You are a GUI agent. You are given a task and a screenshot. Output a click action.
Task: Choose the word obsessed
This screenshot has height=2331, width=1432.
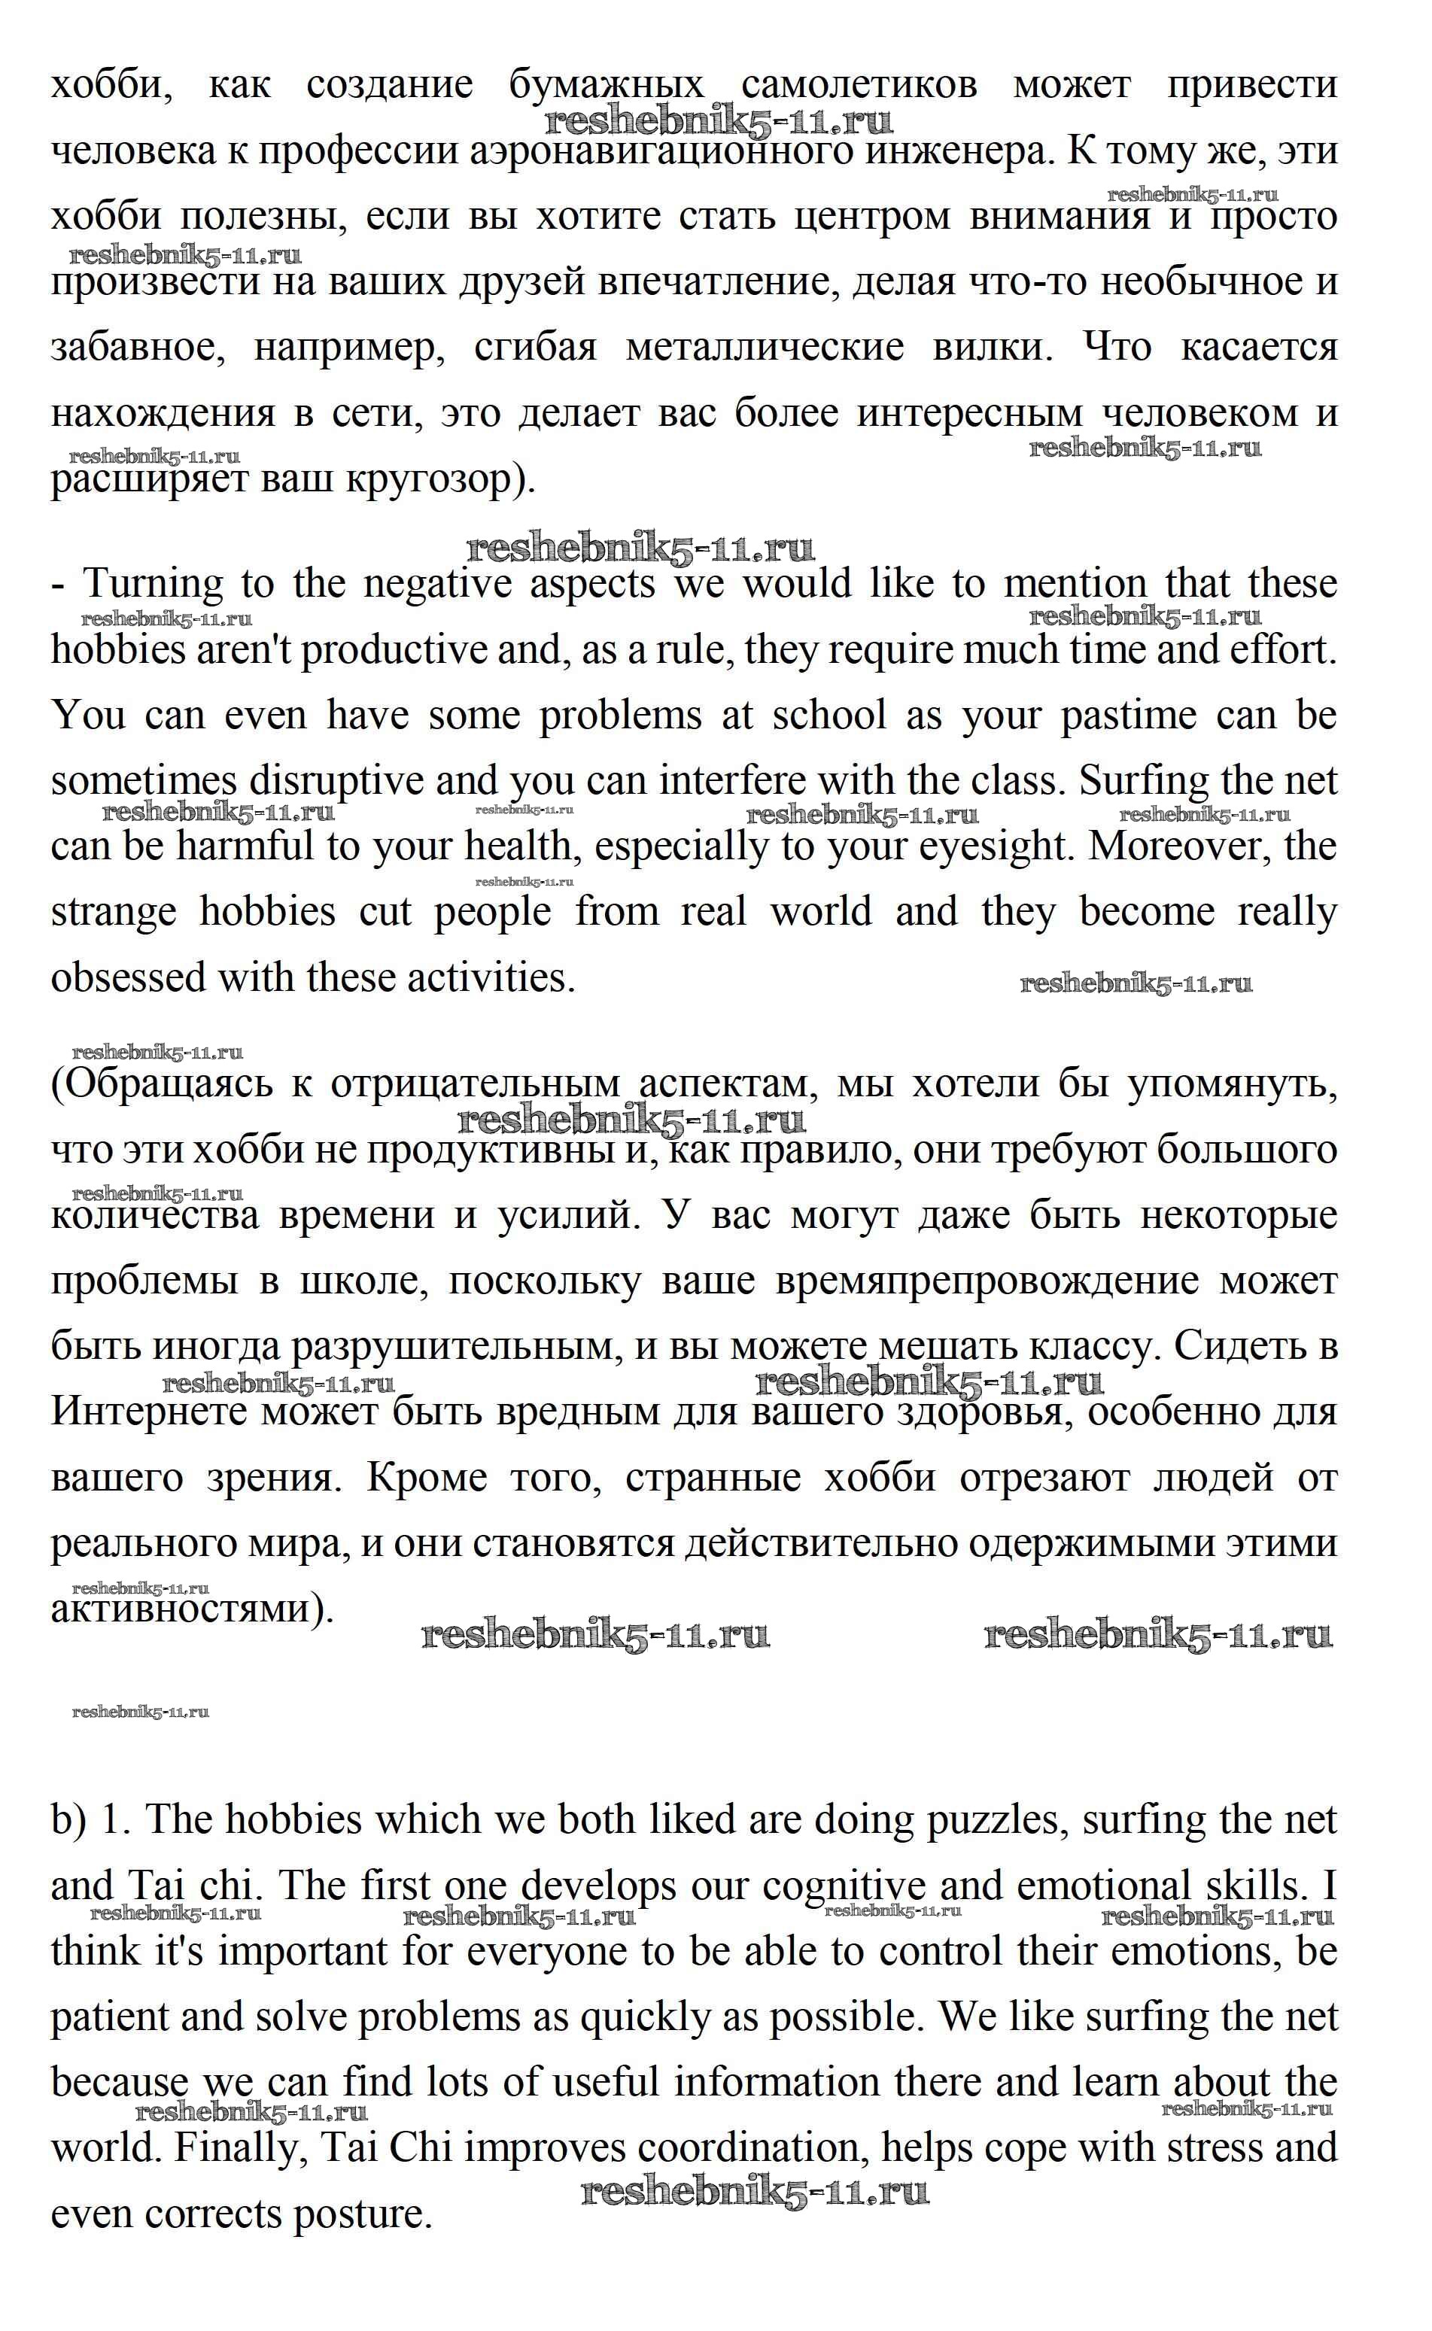(x=129, y=978)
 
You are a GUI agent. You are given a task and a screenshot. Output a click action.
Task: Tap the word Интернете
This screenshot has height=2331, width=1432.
(x=150, y=1412)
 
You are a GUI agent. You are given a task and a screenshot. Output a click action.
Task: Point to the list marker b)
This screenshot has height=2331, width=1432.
(x=68, y=1820)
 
